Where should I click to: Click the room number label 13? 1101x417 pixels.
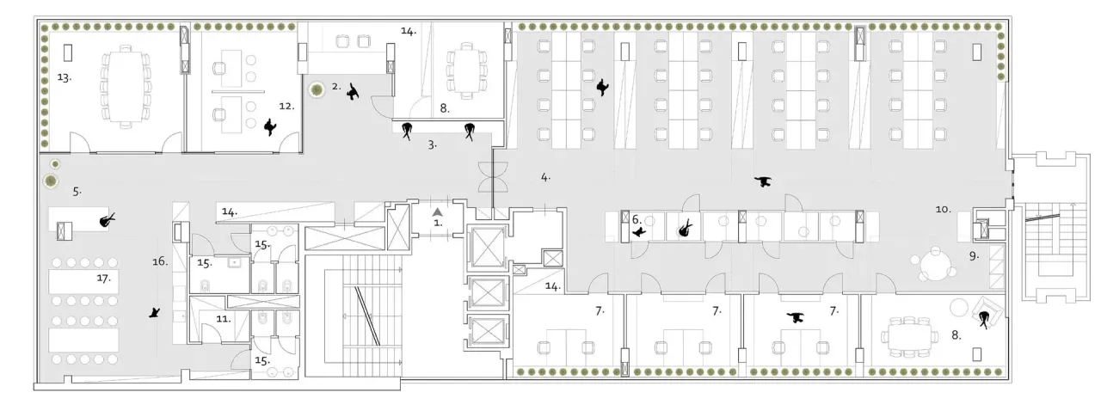tap(64, 77)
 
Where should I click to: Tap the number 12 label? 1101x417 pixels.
tap(286, 106)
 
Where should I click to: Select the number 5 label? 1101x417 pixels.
tap(77, 192)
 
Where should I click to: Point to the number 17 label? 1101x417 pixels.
tap(103, 278)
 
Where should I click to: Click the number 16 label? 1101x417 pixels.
tap(160, 261)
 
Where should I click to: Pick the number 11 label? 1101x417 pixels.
tap(224, 319)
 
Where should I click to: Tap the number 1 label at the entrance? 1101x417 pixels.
tap(438, 223)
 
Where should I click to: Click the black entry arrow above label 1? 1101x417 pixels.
tap(437, 212)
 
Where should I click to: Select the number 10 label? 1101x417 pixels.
tap(943, 209)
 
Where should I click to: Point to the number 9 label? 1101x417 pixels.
tap(975, 256)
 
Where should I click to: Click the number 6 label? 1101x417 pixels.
tap(637, 219)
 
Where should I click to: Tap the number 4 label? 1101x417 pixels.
tap(545, 177)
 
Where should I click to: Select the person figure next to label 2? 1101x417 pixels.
tap(353, 92)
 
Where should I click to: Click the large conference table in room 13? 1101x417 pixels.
tap(126, 87)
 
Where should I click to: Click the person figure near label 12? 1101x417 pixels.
tap(270, 127)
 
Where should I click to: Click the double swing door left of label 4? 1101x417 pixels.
tap(493, 177)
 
